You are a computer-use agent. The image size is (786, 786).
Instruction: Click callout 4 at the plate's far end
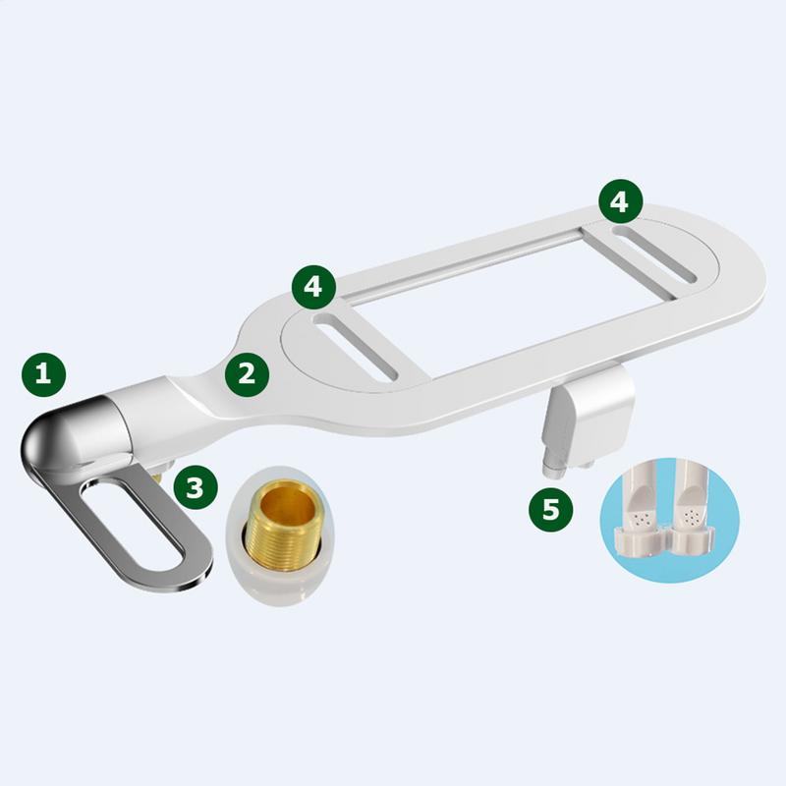click(x=620, y=201)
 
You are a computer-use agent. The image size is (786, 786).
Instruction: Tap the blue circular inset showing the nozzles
click(x=667, y=520)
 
